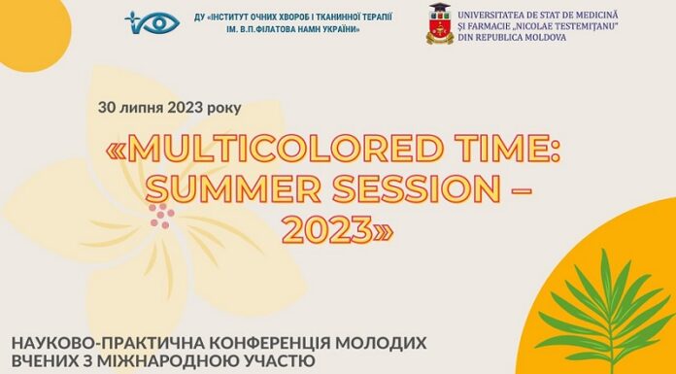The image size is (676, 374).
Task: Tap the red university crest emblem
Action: (440, 23)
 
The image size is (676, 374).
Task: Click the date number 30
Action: (107, 106)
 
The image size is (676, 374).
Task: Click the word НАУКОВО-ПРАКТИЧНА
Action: (96, 342)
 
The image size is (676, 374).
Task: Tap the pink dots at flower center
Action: (161, 215)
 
